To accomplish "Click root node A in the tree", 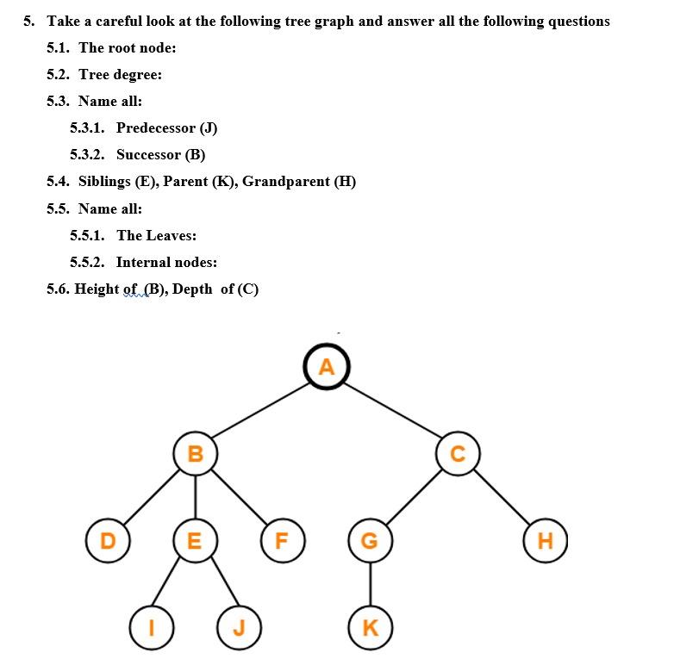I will [326, 368].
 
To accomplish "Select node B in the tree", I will [196, 453].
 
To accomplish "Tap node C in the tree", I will [458, 454].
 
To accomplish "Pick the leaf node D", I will [108, 541].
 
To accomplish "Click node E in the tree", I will [195, 541].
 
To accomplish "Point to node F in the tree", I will [282, 541].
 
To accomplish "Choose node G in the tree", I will [370, 541].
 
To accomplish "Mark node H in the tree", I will [545, 541].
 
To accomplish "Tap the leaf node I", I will [152, 627].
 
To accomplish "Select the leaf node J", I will [239, 627].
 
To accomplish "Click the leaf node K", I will [371, 627].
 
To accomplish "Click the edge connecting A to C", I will [391, 411].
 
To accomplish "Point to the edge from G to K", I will [370, 584].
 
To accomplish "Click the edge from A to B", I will [260, 411].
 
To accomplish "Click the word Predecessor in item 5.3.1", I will [155, 128].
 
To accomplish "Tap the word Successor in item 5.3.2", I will [148, 155].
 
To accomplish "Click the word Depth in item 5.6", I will [192, 289].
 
